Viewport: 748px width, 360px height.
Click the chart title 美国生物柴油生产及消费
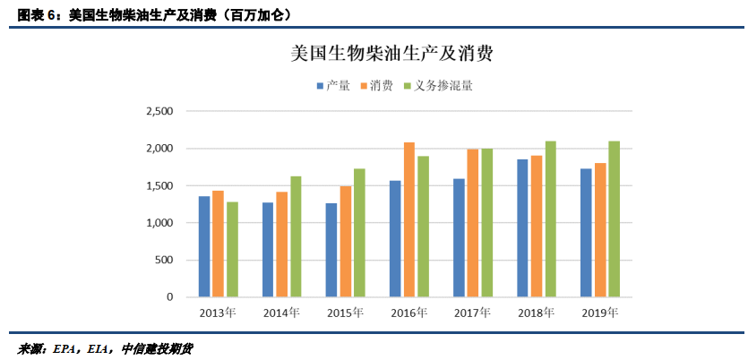click(392, 54)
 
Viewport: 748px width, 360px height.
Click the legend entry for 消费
click(380, 86)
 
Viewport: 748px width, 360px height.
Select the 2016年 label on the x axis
click(409, 313)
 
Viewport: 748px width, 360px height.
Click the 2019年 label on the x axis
click(600, 313)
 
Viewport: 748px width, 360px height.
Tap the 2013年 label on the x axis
click(219, 313)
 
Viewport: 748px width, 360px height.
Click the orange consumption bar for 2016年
click(409, 219)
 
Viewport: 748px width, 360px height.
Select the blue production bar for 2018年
click(522, 227)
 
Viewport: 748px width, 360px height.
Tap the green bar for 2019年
click(614, 219)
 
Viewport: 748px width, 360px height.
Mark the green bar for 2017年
click(486, 222)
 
